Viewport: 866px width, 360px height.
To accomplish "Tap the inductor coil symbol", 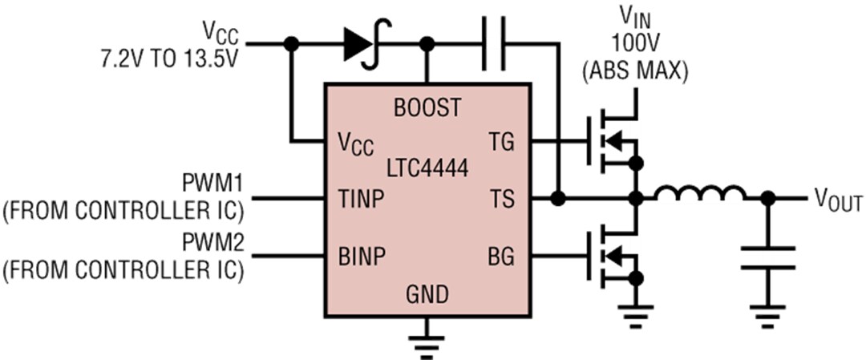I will [x=699, y=195].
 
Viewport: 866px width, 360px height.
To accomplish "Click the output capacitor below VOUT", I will [x=767, y=257].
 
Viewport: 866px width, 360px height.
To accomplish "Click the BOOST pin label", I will [x=427, y=108].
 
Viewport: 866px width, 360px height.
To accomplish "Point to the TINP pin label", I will [x=362, y=197].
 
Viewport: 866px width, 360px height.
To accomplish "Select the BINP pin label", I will [x=362, y=257].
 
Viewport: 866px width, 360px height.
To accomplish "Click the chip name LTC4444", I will [x=427, y=169].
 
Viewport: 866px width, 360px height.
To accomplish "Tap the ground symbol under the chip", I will [x=427, y=342].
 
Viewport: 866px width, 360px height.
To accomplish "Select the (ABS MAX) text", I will [x=633, y=70].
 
